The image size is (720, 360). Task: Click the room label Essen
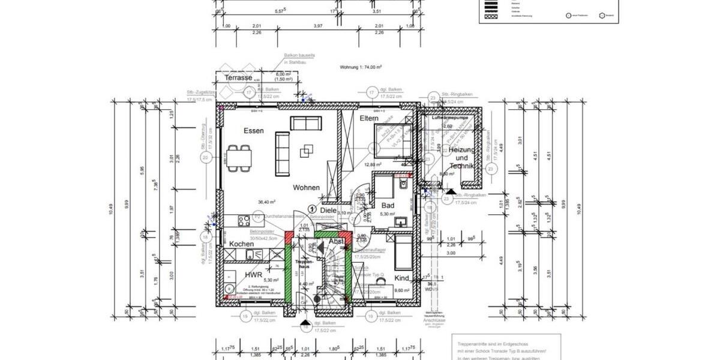tap(253, 131)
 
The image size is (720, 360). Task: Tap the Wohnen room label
tap(306, 188)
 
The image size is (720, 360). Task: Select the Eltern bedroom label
tap(369, 119)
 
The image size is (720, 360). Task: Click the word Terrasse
tap(238, 78)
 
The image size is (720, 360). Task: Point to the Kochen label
tap(241, 244)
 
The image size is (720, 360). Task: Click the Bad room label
tap(388, 206)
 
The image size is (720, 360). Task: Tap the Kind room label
tap(401, 278)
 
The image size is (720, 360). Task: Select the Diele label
tap(328, 211)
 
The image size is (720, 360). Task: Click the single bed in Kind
tap(404, 251)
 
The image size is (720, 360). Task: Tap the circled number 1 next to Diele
tap(311, 208)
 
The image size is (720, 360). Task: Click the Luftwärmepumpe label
tap(450, 118)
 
